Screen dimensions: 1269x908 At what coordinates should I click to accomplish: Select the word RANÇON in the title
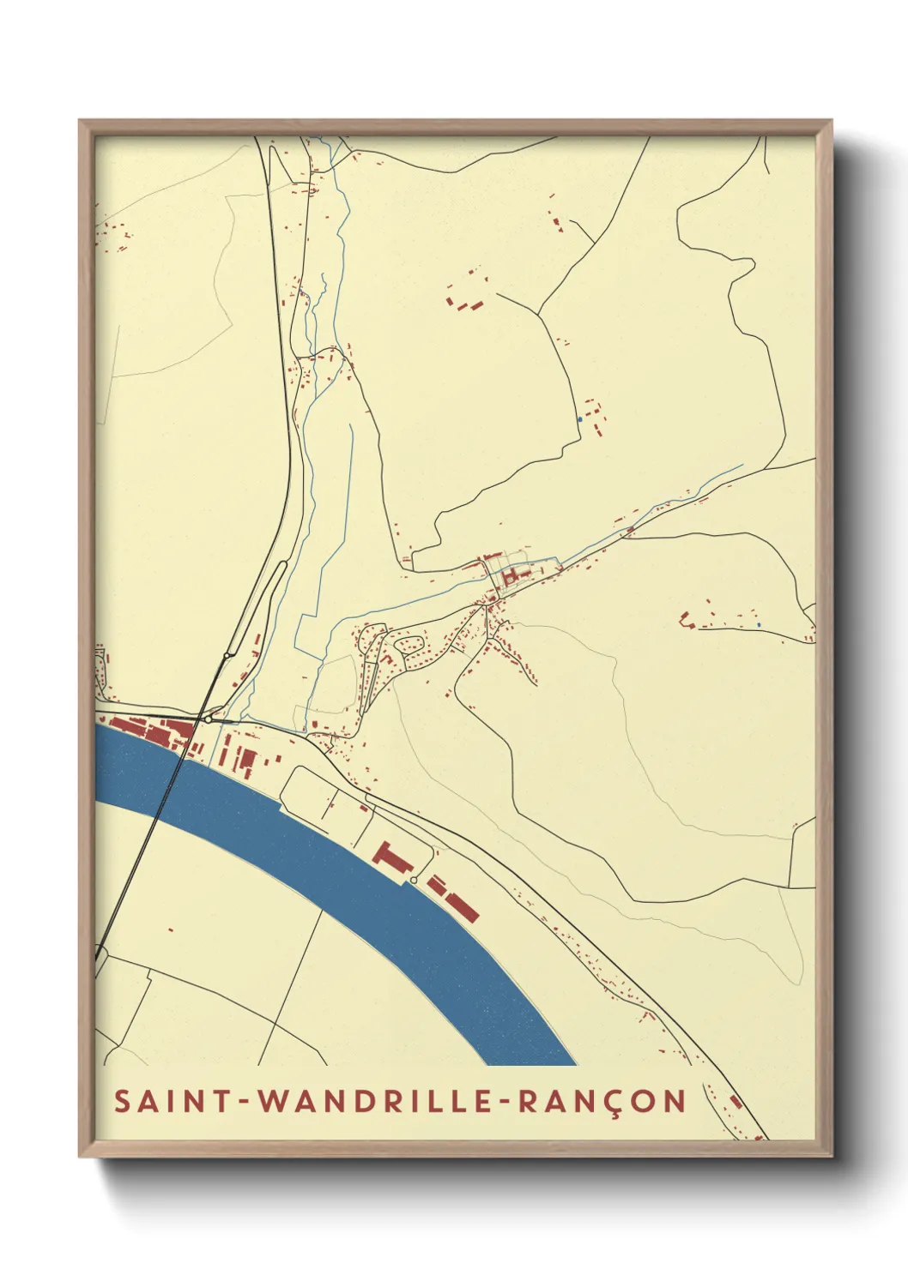point(601,1101)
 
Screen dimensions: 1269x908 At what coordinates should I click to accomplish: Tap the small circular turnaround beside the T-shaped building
point(415,880)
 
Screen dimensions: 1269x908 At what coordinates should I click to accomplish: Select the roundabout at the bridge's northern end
point(209,720)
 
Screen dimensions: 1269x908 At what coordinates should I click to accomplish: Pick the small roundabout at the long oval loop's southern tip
point(226,656)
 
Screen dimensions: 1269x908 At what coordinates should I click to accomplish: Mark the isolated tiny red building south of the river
point(171,929)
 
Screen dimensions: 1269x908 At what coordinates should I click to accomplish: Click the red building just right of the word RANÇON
point(735,1100)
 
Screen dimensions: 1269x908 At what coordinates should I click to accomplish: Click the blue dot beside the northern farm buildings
point(580,419)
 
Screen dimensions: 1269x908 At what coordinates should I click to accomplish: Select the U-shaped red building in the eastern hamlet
point(686,619)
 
